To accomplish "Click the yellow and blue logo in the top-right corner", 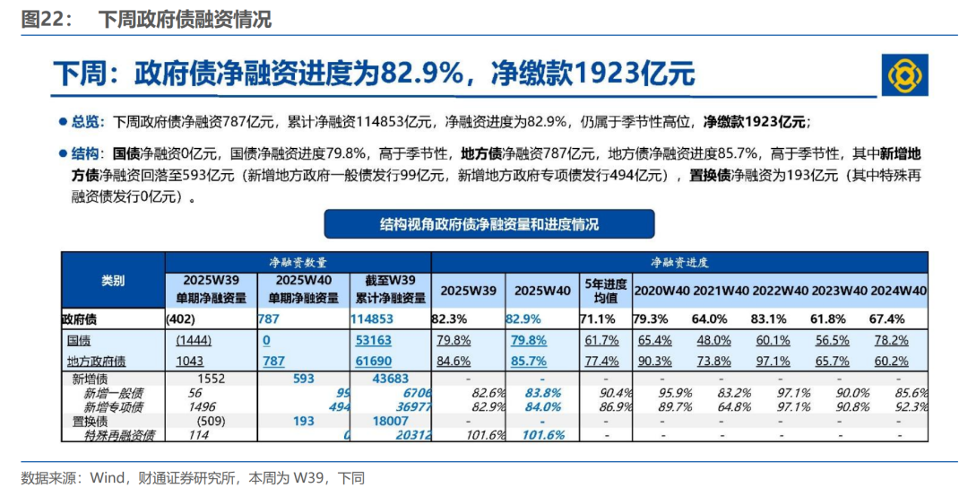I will click(904, 74).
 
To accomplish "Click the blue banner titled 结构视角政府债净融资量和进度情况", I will click(488, 223).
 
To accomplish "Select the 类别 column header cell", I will click(113, 281).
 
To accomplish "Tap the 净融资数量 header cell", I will click(298, 262).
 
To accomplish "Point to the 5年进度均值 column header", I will click(604, 290).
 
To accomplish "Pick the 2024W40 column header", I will click(897, 291).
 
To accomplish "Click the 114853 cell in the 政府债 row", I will click(372, 318).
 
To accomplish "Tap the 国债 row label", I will click(79, 340).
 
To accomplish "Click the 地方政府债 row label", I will click(96, 361).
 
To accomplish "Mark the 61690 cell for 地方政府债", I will click(374, 361).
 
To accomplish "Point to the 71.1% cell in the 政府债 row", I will click(599, 318).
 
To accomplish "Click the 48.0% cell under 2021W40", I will click(713, 340).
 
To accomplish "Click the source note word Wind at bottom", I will click(108, 478).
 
